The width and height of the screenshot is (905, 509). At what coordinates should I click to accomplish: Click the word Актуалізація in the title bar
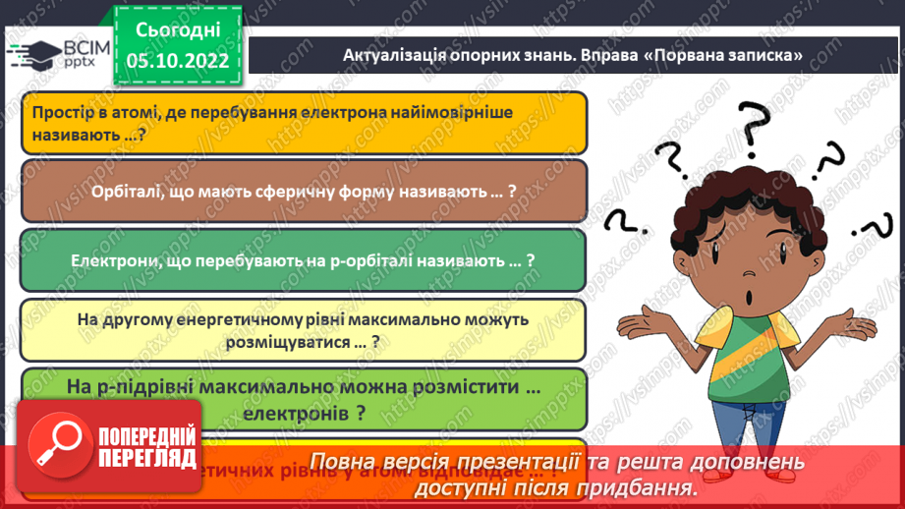pyautogui.click(x=391, y=55)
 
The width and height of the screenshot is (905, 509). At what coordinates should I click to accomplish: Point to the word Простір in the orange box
pyautogui.click(x=61, y=113)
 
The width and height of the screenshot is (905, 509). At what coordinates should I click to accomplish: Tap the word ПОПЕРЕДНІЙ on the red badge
pyautogui.click(x=146, y=435)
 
